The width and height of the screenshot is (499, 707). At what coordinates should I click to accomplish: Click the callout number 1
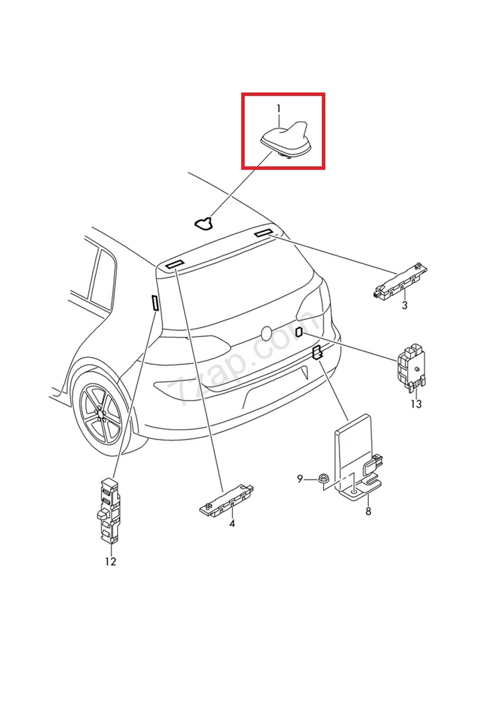pyautogui.click(x=279, y=108)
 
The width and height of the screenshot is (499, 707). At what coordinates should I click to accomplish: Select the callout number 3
pyautogui.click(x=405, y=305)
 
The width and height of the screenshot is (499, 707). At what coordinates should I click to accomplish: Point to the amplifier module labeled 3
pyautogui.click(x=400, y=280)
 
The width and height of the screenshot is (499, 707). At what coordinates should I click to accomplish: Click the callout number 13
pyautogui.click(x=416, y=404)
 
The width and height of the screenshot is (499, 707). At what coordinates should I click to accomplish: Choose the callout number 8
pyautogui.click(x=368, y=511)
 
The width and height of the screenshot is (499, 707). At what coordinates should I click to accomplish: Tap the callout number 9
pyautogui.click(x=300, y=479)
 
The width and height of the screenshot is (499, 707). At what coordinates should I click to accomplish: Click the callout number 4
pyautogui.click(x=232, y=523)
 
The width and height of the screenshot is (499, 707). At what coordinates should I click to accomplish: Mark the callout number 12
pyautogui.click(x=111, y=561)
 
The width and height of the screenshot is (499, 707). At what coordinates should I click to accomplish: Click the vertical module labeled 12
pyautogui.click(x=107, y=510)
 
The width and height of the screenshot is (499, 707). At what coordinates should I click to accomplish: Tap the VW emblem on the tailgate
pyautogui.click(x=268, y=334)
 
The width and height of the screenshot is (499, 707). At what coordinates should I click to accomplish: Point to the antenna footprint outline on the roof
pyautogui.click(x=204, y=223)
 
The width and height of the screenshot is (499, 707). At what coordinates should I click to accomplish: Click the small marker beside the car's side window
pyautogui.click(x=155, y=303)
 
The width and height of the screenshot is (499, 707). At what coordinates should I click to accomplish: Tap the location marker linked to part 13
pyautogui.click(x=299, y=332)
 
